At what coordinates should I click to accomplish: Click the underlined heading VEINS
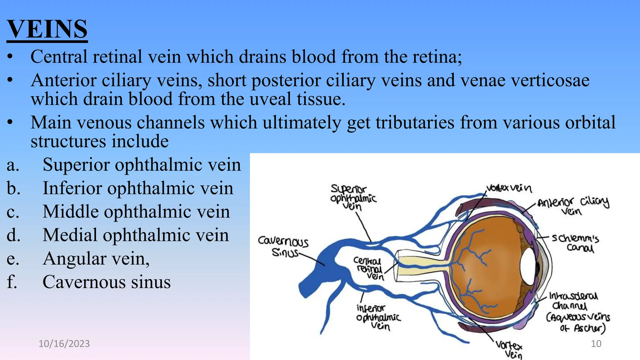click(x=47, y=29)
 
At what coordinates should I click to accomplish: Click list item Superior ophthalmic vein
click(x=142, y=165)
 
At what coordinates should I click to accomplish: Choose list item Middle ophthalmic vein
click(x=136, y=212)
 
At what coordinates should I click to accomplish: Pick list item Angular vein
click(x=96, y=259)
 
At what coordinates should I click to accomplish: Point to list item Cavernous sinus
click(x=106, y=282)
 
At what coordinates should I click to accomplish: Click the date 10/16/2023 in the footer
click(x=64, y=344)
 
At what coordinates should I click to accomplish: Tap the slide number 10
click(x=596, y=344)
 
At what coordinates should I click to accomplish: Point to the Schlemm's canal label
click(x=575, y=243)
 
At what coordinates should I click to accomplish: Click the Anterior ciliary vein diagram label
click(x=573, y=206)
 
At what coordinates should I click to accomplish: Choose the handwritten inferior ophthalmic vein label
click(x=377, y=317)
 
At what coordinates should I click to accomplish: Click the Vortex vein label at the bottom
click(x=509, y=350)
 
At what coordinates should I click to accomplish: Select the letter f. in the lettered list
click(x=12, y=282)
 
